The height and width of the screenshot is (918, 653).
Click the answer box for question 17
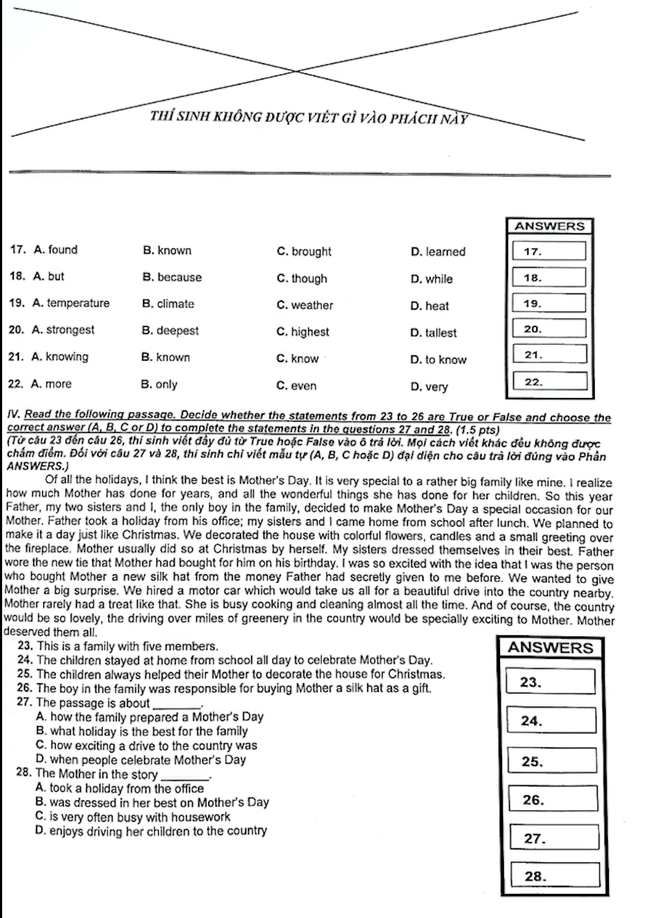pos(554,252)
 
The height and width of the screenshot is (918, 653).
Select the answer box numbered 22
pos(554,381)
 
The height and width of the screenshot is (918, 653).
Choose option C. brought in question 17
pos(304,252)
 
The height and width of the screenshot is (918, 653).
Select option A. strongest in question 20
pos(64,331)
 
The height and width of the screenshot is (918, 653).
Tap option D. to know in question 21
pos(438,358)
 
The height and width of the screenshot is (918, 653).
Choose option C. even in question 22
pos(297,385)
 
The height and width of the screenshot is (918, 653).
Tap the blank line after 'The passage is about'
pos(176,703)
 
